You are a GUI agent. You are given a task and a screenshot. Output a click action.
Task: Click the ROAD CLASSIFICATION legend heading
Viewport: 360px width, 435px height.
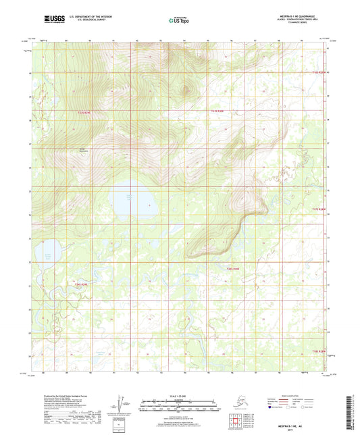[x=288, y=396]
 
